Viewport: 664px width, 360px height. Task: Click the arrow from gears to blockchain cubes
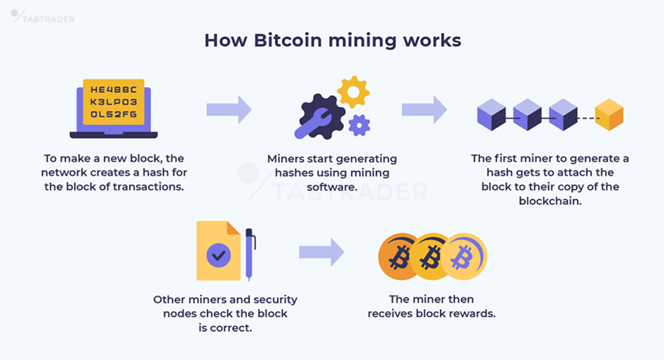[424, 110]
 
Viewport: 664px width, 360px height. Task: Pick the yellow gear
[353, 92]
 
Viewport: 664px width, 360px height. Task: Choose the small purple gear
[359, 125]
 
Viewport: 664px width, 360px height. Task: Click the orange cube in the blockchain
[609, 115]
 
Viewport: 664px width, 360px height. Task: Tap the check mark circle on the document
[218, 256]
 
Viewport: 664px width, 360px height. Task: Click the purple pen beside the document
[250, 255]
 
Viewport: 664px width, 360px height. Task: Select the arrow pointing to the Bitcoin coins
[321, 252]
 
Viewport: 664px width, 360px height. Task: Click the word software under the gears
[332, 187]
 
